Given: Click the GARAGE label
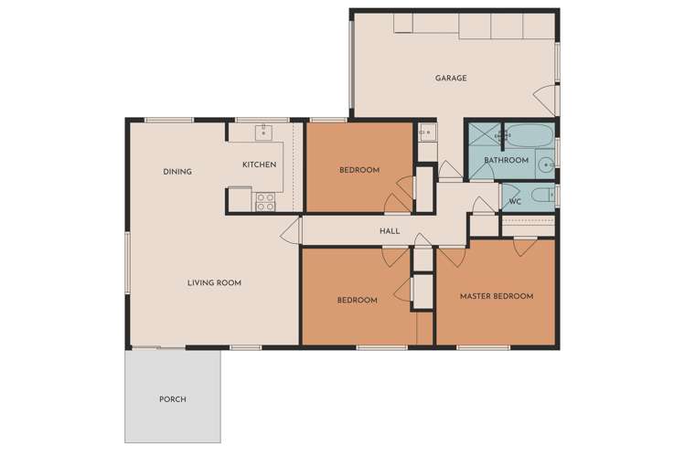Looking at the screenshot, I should click(x=450, y=79).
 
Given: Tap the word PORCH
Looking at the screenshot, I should click(x=172, y=399).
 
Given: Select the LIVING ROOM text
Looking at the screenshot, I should click(x=214, y=283).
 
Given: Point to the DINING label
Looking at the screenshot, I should click(x=177, y=172).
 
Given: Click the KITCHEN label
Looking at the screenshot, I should click(x=259, y=165).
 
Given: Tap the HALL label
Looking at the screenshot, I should click(x=390, y=232).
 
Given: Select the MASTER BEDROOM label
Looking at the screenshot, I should click(x=496, y=296).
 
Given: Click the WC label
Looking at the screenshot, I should click(x=514, y=201).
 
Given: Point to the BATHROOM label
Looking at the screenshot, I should click(x=506, y=161).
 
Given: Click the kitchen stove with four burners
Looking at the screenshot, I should click(x=266, y=201).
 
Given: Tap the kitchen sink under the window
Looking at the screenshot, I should click(x=263, y=133).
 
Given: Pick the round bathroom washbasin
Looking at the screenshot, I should click(x=545, y=165).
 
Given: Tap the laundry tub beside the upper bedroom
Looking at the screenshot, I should click(x=425, y=135).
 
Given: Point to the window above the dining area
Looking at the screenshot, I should click(x=169, y=120).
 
